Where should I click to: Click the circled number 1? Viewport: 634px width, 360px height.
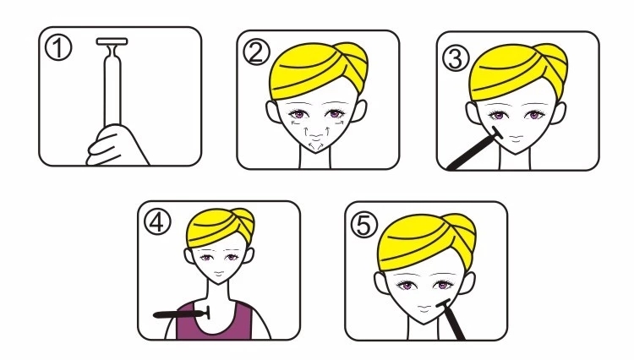point(58,47)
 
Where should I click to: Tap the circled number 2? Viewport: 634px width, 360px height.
point(256,52)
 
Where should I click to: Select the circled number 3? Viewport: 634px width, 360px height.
point(456,58)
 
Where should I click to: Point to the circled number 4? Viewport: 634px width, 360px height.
point(158,222)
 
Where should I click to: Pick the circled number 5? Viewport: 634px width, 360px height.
point(363,225)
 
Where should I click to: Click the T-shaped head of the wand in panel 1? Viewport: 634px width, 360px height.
point(112,41)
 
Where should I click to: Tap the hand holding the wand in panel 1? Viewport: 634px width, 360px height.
point(115,145)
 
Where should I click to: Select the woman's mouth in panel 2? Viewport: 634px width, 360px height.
point(317,136)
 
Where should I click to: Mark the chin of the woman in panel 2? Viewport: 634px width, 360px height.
point(317,148)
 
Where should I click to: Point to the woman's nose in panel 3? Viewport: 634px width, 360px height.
point(516,128)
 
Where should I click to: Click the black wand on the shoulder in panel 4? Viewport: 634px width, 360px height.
point(182,314)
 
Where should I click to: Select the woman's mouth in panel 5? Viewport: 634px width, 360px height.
point(424,308)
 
